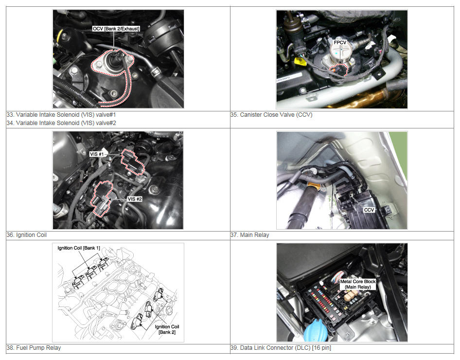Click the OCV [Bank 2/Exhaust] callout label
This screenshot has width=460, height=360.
116,29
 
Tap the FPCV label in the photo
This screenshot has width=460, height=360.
340,42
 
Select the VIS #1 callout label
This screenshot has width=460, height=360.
96,154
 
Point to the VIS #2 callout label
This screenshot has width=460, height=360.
135,199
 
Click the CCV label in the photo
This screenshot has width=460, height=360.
369,210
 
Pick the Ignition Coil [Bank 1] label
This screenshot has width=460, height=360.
79,248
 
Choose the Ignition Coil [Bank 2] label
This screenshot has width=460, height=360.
167,329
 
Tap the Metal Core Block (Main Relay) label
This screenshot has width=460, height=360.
357,284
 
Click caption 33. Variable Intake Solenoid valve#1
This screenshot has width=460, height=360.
61,115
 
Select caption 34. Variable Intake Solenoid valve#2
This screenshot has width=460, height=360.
61,123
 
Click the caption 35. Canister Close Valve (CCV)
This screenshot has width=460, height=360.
271,115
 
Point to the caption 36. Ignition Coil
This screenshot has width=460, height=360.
26,235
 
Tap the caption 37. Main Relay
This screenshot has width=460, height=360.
249,235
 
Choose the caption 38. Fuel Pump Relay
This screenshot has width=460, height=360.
34,348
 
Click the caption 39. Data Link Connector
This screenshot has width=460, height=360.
281,348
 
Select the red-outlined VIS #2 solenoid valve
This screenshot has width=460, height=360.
101,198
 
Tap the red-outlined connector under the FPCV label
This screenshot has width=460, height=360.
338,71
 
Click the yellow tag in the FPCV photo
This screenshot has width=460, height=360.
299,61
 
